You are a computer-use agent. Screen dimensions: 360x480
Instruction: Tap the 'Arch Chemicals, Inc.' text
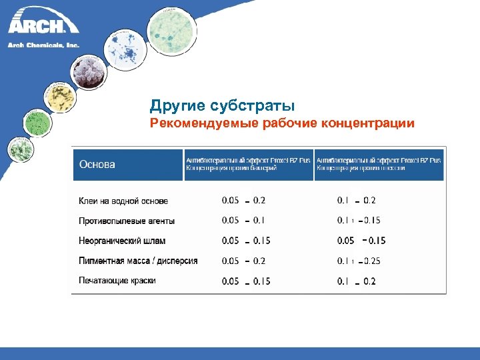43,45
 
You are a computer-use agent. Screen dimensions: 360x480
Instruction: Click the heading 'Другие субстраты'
222,106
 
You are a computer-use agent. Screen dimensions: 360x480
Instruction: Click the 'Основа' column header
97,165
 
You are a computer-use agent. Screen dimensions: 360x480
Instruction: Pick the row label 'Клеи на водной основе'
123,201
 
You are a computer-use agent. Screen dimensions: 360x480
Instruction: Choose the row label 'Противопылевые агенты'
127,221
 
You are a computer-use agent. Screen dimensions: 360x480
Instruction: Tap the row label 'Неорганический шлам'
122,241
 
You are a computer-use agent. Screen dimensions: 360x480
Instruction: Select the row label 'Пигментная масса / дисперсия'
138,261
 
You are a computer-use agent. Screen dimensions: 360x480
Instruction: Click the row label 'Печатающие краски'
117,281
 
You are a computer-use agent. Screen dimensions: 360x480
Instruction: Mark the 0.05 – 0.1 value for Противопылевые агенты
243,221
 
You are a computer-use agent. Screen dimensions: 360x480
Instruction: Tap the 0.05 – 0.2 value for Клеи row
243,200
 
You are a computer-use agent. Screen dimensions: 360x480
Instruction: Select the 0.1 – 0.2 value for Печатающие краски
357,281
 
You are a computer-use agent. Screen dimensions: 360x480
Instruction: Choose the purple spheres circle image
87,72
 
